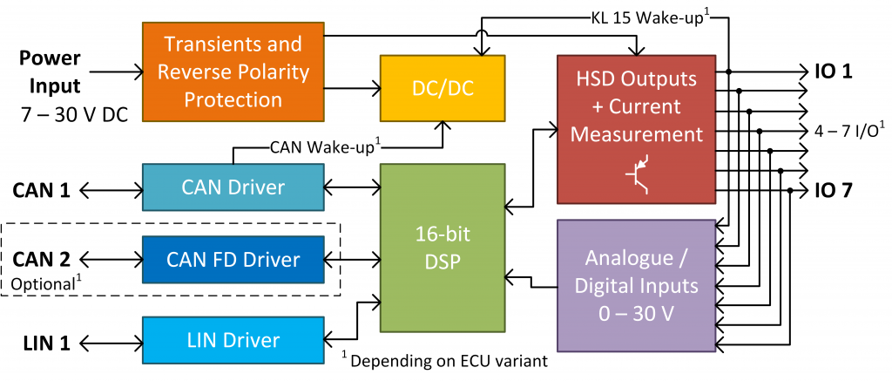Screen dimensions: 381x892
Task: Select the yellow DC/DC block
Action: click(x=443, y=88)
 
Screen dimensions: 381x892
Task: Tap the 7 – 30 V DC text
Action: click(x=64, y=112)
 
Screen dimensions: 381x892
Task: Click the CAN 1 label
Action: click(x=41, y=188)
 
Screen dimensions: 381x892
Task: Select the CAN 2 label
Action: click(x=41, y=258)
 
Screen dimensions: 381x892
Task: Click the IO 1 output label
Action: click(x=833, y=72)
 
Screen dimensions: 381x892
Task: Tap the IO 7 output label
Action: click(x=833, y=190)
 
